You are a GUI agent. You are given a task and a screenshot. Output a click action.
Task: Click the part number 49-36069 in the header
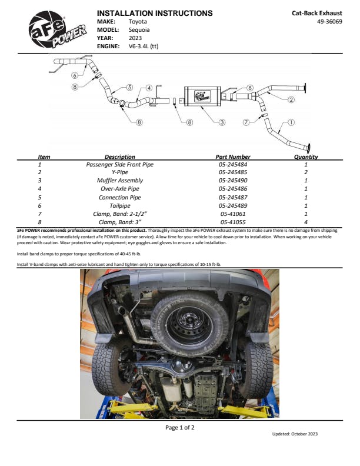[x=329, y=21]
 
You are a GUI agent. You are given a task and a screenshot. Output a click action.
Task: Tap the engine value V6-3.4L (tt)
[x=144, y=46]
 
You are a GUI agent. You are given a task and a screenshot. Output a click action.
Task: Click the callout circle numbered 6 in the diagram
[x=75, y=75]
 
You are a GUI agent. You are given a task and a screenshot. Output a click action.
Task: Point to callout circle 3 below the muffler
[x=222, y=122]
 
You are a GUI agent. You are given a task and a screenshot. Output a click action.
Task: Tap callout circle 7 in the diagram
[x=246, y=122]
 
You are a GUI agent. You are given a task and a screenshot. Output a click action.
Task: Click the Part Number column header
[x=233, y=157]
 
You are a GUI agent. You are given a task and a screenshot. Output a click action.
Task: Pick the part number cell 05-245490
[x=233, y=181]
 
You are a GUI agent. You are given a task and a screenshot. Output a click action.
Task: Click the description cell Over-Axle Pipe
[x=119, y=189]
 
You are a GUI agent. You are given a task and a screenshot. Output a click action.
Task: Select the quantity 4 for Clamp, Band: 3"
[x=306, y=222]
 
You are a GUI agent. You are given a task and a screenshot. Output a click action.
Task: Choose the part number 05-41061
[x=233, y=214]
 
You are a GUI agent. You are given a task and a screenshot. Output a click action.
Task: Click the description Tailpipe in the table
[x=119, y=206]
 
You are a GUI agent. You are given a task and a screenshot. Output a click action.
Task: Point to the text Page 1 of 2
[x=179, y=428]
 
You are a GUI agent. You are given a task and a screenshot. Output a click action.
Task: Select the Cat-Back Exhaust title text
[x=317, y=12]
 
